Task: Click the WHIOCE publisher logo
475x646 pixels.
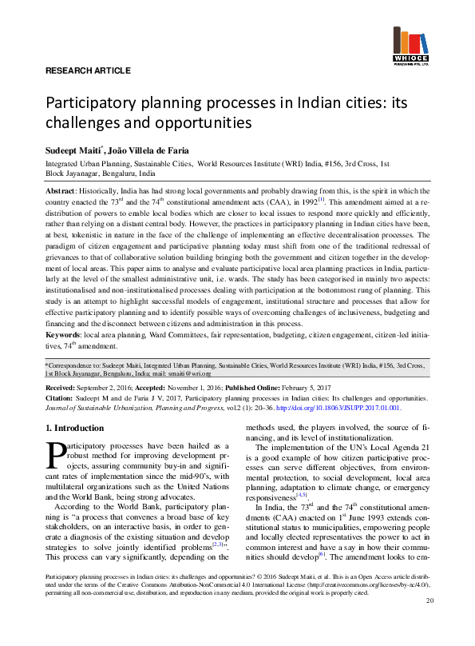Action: click(x=412, y=49)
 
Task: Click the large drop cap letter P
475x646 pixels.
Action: click(x=56, y=455)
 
